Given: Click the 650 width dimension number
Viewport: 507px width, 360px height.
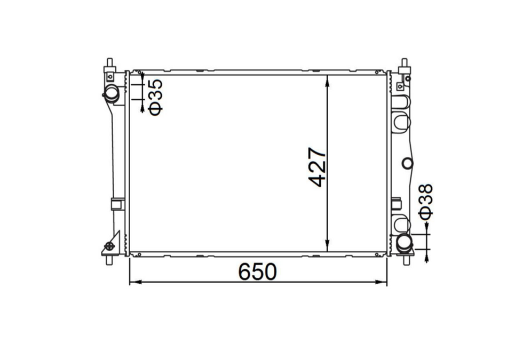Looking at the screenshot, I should tap(258, 272).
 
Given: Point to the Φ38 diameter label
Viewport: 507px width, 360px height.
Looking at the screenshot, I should tap(425, 202).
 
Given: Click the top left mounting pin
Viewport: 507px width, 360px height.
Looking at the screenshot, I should tap(110, 63).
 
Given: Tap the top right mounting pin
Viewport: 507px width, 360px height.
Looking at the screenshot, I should tap(403, 64).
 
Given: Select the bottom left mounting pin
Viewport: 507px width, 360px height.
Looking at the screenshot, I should tap(109, 261).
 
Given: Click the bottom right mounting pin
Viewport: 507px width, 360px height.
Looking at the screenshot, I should tap(407, 260).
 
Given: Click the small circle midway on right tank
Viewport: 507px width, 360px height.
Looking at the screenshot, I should tap(407, 163).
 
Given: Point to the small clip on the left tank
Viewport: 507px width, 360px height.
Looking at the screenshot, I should tap(117, 204).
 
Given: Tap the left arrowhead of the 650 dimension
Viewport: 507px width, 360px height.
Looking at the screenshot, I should tap(133, 282).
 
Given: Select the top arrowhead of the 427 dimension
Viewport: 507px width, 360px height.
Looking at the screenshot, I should tap(327, 78).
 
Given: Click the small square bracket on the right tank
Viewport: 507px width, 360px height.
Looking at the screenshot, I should tap(396, 204).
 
